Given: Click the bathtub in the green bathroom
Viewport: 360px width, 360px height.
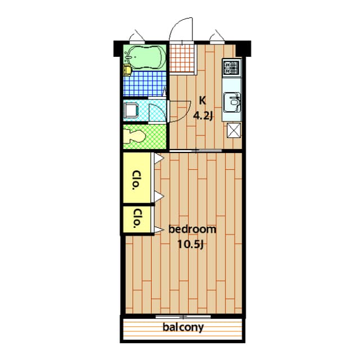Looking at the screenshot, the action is (145, 57).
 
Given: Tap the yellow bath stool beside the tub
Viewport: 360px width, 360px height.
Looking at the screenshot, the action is (127, 70).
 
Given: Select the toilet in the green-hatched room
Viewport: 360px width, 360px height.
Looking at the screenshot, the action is (134, 136).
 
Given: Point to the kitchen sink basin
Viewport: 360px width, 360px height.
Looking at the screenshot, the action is (232, 102).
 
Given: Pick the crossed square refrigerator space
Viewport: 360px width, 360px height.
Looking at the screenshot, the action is (234, 130).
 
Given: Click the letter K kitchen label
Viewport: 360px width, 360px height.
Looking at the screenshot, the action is (202, 101).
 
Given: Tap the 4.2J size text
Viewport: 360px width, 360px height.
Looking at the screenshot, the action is (202, 116).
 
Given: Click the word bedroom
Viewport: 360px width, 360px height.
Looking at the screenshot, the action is (192, 229).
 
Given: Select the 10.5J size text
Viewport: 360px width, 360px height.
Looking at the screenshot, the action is (191, 245).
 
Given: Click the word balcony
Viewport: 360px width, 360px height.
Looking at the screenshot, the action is (183, 327).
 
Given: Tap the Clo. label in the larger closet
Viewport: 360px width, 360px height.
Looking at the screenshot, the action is (137, 180).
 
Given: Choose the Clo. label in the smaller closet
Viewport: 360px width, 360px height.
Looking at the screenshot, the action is (137, 218).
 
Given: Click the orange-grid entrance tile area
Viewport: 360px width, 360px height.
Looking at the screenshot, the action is (182, 58).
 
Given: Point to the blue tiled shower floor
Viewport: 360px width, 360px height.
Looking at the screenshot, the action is (145, 83).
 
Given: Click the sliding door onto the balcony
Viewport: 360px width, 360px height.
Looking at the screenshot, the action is (183, 317).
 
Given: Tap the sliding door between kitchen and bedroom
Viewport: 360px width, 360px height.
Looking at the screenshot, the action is (196, 151).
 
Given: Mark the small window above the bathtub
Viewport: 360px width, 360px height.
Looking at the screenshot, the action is (137, 42).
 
